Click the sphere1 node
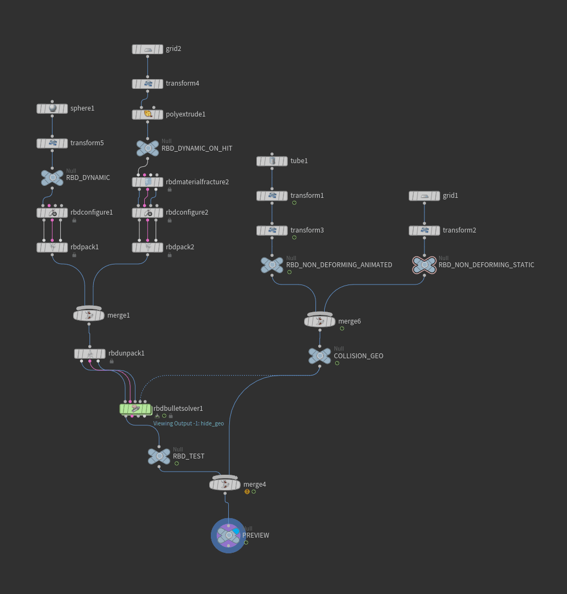point(52,108)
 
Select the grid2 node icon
point(147,49)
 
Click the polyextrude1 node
point(147,114)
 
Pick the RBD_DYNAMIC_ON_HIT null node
point(147,148)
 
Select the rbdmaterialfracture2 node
point(147,182)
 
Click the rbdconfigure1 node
point(52,213)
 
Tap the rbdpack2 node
point(147,247)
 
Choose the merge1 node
point(89,315)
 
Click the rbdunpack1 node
point(90,353)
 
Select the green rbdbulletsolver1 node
point(135,409)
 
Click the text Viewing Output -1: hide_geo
point(188,424)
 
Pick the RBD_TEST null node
point(159,456)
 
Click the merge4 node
point(225,485)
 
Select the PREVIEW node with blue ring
point(229,535)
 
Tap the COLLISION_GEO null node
point(320,356)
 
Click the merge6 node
point(320,321)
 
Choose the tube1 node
point(272,161)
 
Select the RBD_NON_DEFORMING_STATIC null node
point(424,265)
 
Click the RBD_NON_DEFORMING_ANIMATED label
point(339,265)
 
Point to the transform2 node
point(424,230)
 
